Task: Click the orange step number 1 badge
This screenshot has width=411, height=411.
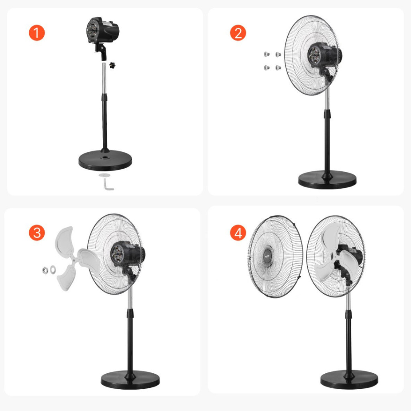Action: click(x=37, y=33)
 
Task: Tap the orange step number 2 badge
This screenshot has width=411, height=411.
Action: click(x=238, y=33)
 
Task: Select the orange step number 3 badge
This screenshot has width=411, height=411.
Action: click(x=37, y=232)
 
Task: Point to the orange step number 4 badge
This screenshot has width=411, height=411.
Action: click(x=238, y=232)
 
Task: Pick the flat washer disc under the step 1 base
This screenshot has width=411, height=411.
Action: click(x=105, y=175)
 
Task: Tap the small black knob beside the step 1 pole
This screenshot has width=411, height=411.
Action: click(x=112, y=65)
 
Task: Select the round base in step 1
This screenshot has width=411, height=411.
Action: click(x=105, y=160)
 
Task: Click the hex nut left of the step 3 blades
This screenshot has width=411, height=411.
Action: click(x=45, y=270)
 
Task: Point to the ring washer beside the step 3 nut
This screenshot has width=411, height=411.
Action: click(x=53, y=269)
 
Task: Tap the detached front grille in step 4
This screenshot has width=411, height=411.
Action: click(x=275, y=257)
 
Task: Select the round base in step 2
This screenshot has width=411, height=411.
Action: click(x=327, y=180)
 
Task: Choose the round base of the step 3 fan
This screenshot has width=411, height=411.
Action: click(x=130, y=380)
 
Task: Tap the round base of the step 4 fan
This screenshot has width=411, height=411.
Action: click(x=349, y=380)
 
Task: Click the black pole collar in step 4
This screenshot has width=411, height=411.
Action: click(x=348, y=314)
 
